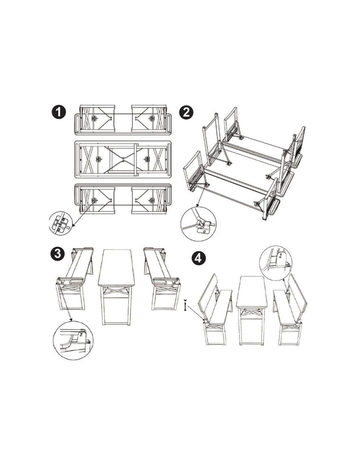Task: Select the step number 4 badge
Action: click(198, 259)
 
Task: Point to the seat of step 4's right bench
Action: click(287, 307)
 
